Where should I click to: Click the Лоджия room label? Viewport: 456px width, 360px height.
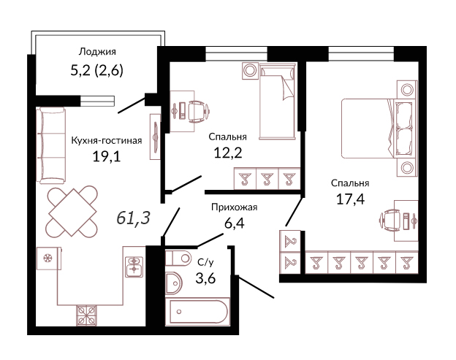tap(97, 52)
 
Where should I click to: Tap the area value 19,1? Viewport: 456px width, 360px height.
tap(107, 157)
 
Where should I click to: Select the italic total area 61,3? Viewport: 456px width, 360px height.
tap(133, 218)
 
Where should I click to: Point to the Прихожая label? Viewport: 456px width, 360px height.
tap(234, 207)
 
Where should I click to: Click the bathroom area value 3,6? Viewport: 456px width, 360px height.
tap(205, 279)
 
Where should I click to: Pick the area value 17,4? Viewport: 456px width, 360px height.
tap(350, 199)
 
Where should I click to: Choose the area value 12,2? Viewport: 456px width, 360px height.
tap(228, 153)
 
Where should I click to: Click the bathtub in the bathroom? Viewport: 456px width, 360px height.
tap(198, 312)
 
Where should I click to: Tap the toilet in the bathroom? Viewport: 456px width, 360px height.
tap(178, 258)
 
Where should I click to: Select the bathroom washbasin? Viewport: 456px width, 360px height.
tap(173, 283)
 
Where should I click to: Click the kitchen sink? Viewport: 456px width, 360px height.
tap(134, 267)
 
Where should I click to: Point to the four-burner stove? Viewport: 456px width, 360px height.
tap(87, 315)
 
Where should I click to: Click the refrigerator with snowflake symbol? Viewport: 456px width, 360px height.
tap(49, 258)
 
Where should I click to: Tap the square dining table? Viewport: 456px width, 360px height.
tap(72, 212)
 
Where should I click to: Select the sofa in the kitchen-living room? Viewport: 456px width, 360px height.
tap(51, 145)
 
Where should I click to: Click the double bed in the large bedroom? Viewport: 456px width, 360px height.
tap(377, 129)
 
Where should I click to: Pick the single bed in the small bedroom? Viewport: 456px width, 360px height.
tap(278, 101)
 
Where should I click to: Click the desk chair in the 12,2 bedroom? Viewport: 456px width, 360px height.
tap(198, 111)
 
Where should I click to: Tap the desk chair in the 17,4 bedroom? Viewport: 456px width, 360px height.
tap(389, 221)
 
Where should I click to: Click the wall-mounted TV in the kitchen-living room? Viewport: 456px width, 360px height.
tap(156, 137)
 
